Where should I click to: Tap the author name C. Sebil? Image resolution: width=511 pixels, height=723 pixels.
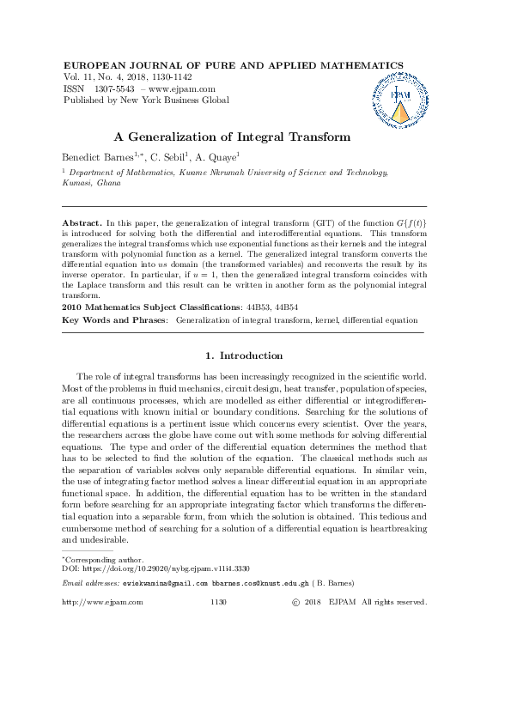click(x=171, y=157)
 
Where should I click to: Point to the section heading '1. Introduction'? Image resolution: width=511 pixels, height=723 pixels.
click(x=245, y=355)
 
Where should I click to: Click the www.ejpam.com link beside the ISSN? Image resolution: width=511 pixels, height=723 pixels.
click(x=183, y=88)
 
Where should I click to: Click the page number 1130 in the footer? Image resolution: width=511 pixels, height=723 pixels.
click(x=218, y=603)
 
